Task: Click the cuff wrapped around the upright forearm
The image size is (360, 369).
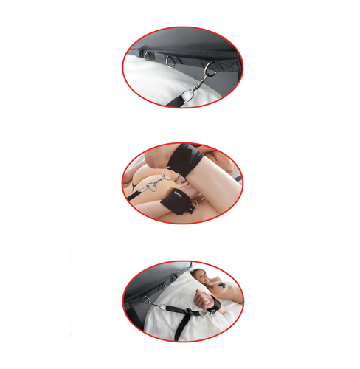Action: pyautogui.click(x=189, y=161)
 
